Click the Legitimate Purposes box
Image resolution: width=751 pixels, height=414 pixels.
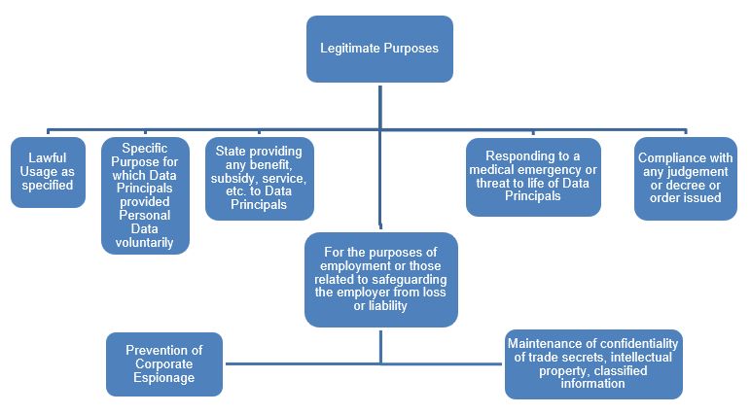(378, 49)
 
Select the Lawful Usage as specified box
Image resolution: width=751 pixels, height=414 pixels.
(48, 172)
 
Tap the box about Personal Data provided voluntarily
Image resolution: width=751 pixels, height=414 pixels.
(145, 194)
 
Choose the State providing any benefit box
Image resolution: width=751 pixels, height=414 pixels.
(260, 179)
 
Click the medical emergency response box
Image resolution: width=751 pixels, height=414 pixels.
(532, 176)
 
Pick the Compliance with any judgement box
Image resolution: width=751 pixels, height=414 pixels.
(686, 178)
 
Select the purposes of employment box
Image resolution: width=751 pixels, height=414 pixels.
(380, 278)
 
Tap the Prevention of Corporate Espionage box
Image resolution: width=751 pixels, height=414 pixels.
(165, 363)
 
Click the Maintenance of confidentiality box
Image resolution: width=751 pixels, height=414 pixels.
(593, 363)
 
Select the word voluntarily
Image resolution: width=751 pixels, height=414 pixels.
(145, 243)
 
